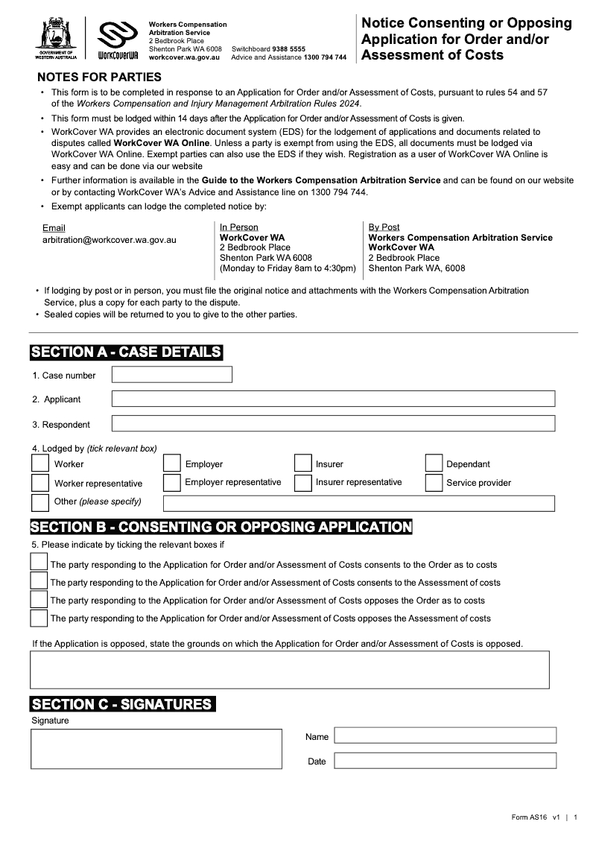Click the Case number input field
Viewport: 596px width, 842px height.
point(171,374)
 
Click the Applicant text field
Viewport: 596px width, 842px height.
point(333,399)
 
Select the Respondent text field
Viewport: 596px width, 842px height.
point(333,424)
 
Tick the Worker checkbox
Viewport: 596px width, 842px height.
point(40,463)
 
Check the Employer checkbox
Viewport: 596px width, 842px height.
point(171,463)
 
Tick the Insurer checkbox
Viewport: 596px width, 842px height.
point(302,463)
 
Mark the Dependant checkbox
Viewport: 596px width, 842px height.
point(434,463)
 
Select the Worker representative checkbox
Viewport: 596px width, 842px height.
point(40,483)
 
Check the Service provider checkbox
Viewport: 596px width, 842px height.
point(434,483)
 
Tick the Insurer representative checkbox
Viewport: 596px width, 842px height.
point(302,483)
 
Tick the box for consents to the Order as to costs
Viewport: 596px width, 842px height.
point(39,563)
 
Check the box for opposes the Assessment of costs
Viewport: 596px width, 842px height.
point(39,618)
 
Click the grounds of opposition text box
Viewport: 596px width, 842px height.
point(289,669)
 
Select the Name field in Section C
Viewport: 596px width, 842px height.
point(445,735)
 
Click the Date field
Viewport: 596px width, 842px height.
point(445,761)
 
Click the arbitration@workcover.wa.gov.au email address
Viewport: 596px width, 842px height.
point(110,241)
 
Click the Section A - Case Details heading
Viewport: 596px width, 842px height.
point(126,352)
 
